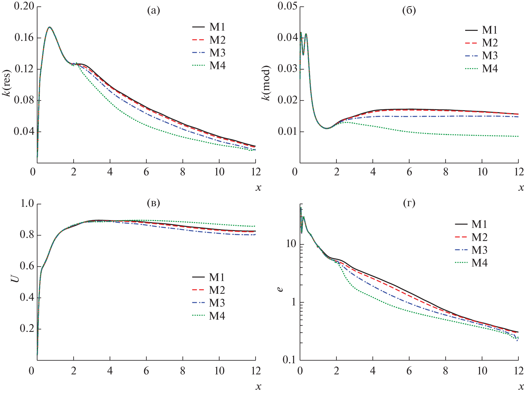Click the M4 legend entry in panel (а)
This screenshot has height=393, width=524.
point(217,66)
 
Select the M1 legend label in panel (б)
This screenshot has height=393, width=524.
point(490,30)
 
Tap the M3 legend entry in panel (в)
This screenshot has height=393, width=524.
point(217,303)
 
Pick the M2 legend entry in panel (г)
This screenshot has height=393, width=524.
point(479,237)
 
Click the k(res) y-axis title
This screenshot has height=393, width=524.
point(7,83)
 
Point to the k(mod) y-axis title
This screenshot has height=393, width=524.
point(266,83)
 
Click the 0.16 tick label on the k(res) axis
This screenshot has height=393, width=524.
point(24,38)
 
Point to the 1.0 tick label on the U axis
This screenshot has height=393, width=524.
point(27,203)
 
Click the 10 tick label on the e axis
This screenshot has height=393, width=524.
point(291,244)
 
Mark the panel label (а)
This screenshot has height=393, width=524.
point(153,11)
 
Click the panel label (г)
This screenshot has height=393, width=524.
point(409,203)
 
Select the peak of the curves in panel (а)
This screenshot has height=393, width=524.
point(50,27)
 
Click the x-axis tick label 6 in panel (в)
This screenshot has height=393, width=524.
point(146,371)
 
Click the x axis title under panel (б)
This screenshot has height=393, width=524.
point(521,188)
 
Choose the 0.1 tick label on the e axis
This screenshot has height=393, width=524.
point(289,360)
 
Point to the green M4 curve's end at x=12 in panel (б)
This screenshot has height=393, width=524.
point(518,136)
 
